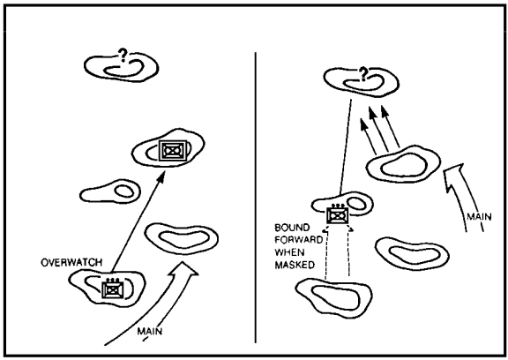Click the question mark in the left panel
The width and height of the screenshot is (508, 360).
(123, 56)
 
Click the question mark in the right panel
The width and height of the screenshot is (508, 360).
(364, 74)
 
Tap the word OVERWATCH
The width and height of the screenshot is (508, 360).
(71, 262)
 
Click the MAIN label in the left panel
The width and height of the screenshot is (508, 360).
(150, 332)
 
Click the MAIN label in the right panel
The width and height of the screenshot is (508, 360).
(479, 216)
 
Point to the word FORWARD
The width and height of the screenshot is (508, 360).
(299, 240)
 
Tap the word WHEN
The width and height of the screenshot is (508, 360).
(289, 252)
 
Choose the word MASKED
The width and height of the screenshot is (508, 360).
(295, 265)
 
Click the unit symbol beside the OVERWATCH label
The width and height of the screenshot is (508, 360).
(112, 289)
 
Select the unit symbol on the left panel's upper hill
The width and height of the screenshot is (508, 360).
(173, 150)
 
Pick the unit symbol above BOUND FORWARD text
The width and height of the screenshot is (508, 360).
(337, 214)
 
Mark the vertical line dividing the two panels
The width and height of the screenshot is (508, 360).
(255, 197)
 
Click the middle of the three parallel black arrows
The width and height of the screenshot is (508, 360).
(378, 130)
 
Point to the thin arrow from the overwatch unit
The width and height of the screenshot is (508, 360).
(138, 222)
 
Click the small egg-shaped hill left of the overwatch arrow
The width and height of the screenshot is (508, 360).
(110, 191)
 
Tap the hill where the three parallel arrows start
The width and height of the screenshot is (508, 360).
(403, 163)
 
